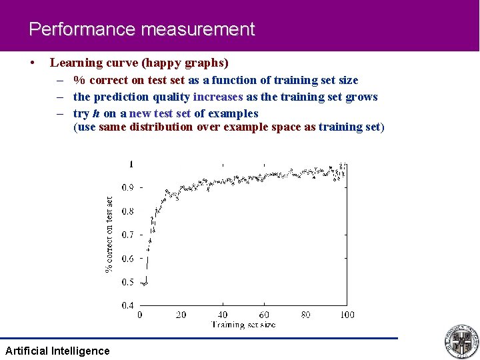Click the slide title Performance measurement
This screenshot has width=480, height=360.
pyautogui.click(x=141, y=30)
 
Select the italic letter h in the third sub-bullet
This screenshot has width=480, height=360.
pyautogui.click(x=97, y=113)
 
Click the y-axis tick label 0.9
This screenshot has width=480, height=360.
pyautogui.click(x=127, y=187)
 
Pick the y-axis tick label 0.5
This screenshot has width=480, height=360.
pyautogui.click(x=127, y=282)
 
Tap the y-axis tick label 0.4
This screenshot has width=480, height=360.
pyautogui.click(x=127, y=305)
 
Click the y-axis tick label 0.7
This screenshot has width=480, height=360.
pyautogui.click(x=127, y=235)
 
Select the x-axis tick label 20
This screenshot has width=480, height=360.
pyautogui.click(x=181, y=315)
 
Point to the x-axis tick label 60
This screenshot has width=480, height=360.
pyautogui.click(x=264, y=315)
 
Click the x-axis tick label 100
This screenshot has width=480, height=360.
pyautogui.click(x=347, y=315)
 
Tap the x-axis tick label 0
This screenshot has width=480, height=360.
pyautogui.click(x=139, y=315)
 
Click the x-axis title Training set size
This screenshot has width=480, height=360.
pyautogui.click(x=243, y=325)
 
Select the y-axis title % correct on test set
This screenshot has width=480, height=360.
pyautogui.click(x=109, y=233)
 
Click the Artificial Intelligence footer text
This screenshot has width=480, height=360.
pyautogui.click(x=57, y=351)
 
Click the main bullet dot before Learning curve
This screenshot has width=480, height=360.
pyautogui.click(x=33, y=63)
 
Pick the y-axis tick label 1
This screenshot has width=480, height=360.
pyautogui.click(x=131, y=164)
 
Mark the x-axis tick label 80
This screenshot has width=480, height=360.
pyautogui.click(x=305, y=315)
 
